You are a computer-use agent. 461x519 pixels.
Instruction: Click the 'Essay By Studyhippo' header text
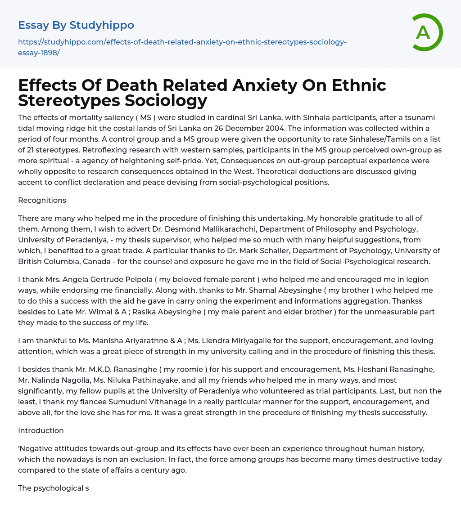(x=76, y=25)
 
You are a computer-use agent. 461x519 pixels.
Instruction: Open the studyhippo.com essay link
(x=182, y=47)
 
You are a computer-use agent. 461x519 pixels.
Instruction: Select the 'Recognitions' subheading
(x=42, y=200)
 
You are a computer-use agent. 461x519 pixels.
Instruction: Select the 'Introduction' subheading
(x=41, y=430)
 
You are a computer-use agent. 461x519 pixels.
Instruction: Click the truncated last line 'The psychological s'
(x=53, y=488)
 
